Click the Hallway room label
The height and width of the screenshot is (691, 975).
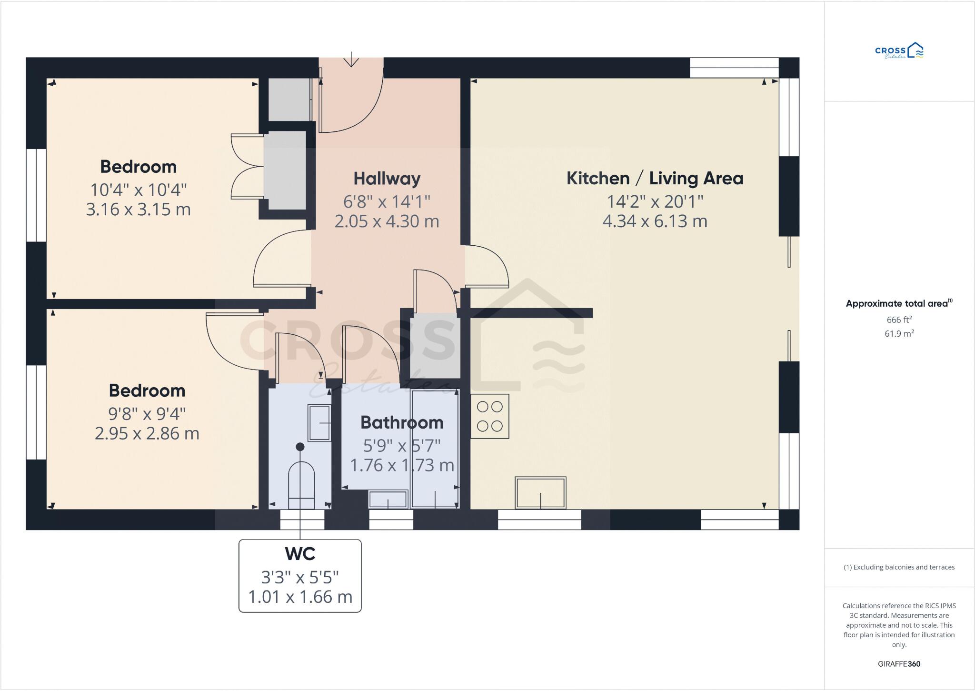tap(387, 179)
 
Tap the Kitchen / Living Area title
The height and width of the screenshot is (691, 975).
tap(655, 178)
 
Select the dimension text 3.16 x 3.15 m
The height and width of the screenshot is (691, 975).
tap(138, 210)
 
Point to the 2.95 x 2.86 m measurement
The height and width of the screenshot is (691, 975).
tap(147, 433)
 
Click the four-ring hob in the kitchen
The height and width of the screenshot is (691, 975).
tap(490, 416)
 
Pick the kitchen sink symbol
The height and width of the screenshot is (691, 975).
tap(540, 492)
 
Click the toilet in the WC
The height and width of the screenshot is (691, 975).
tap(301, 486)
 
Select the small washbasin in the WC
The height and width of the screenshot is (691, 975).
tap(319, 422)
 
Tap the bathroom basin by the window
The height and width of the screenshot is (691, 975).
tap(388, 499)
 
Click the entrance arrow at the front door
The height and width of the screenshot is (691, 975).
tap(351, 60)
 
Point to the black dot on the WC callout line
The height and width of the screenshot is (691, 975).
tap(300, 447)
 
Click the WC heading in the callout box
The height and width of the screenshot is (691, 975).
tap(300, 554)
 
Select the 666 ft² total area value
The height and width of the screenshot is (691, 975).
tap(899, 320)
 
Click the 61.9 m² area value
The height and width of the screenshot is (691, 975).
tap(899, 334)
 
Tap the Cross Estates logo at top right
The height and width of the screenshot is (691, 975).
tap(899, 51)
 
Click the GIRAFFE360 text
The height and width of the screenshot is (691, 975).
tap(899, 664)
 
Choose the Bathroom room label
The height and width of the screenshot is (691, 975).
tap(402, 422)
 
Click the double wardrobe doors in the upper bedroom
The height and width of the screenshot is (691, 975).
tap(247, 166)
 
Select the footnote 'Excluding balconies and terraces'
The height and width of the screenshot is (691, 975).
tap(899, 567)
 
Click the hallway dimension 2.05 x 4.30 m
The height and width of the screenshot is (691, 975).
tap(387, 221)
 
